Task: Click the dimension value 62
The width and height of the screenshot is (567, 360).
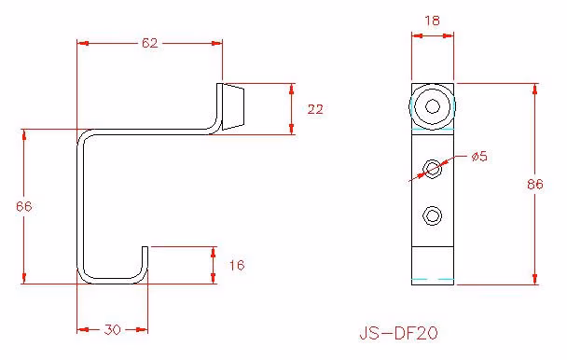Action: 150,43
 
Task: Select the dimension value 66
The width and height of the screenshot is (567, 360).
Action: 24,206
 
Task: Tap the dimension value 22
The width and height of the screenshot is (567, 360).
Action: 315,109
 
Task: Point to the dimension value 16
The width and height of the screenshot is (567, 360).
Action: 237,265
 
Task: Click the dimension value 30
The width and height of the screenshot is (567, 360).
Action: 112,329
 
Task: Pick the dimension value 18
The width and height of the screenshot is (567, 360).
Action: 433,21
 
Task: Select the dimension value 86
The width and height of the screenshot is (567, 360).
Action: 534,184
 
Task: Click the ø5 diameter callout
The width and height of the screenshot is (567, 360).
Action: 479,157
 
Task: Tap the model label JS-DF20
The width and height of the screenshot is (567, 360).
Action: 398,333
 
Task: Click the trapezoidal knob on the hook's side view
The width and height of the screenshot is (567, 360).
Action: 233,106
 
